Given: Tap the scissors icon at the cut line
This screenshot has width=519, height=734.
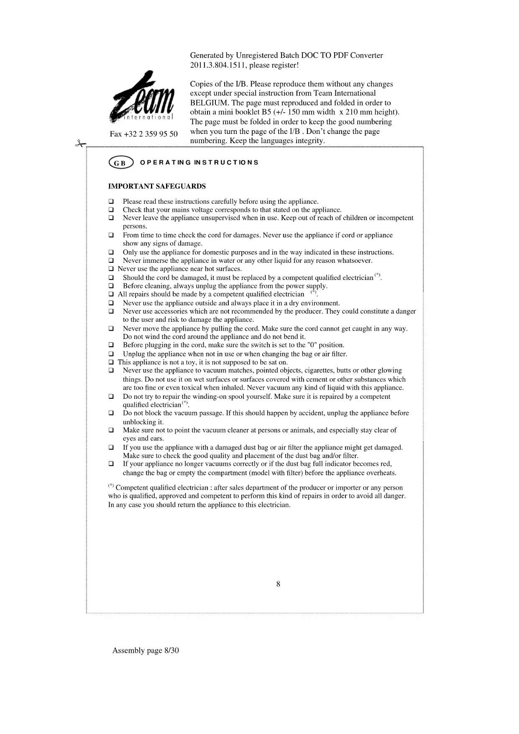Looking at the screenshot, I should pyautogui.click(x=80, y=144).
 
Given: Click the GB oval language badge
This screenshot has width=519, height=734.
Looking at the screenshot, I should pyautogui.click(x=120, y=163).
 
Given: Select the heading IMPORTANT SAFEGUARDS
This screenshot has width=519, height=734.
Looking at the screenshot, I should pyautogui.click(x=157, y=186).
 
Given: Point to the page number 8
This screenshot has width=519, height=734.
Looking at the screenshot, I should pyautogui.click(x=278, y=584).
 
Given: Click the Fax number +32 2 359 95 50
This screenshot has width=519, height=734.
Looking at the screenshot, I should pyautogui.click(x=143, y=134).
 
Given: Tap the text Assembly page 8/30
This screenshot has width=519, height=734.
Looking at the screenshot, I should pyautogui.click(x=146, y=650).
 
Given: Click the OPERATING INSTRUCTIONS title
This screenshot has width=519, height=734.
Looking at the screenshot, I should pyautogui.click(x=199, y=162).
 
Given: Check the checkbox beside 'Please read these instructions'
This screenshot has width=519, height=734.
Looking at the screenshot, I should pyautogui.click(x=111, y=202).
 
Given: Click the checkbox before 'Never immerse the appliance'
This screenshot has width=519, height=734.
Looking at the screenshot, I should pyautogui.click(x=111, y=261).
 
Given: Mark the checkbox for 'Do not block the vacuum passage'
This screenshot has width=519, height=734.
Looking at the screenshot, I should pyautogui.click(x=111, y=413).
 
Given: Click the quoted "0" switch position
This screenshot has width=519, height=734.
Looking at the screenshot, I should pyautogui.click(x=312, y=345).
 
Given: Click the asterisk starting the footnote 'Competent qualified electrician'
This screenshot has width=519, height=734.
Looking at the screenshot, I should pyautogui.click(x=111, y=486).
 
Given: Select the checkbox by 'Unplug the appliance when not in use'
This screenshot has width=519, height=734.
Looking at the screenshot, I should pyautogui.click(x=111, y=354).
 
